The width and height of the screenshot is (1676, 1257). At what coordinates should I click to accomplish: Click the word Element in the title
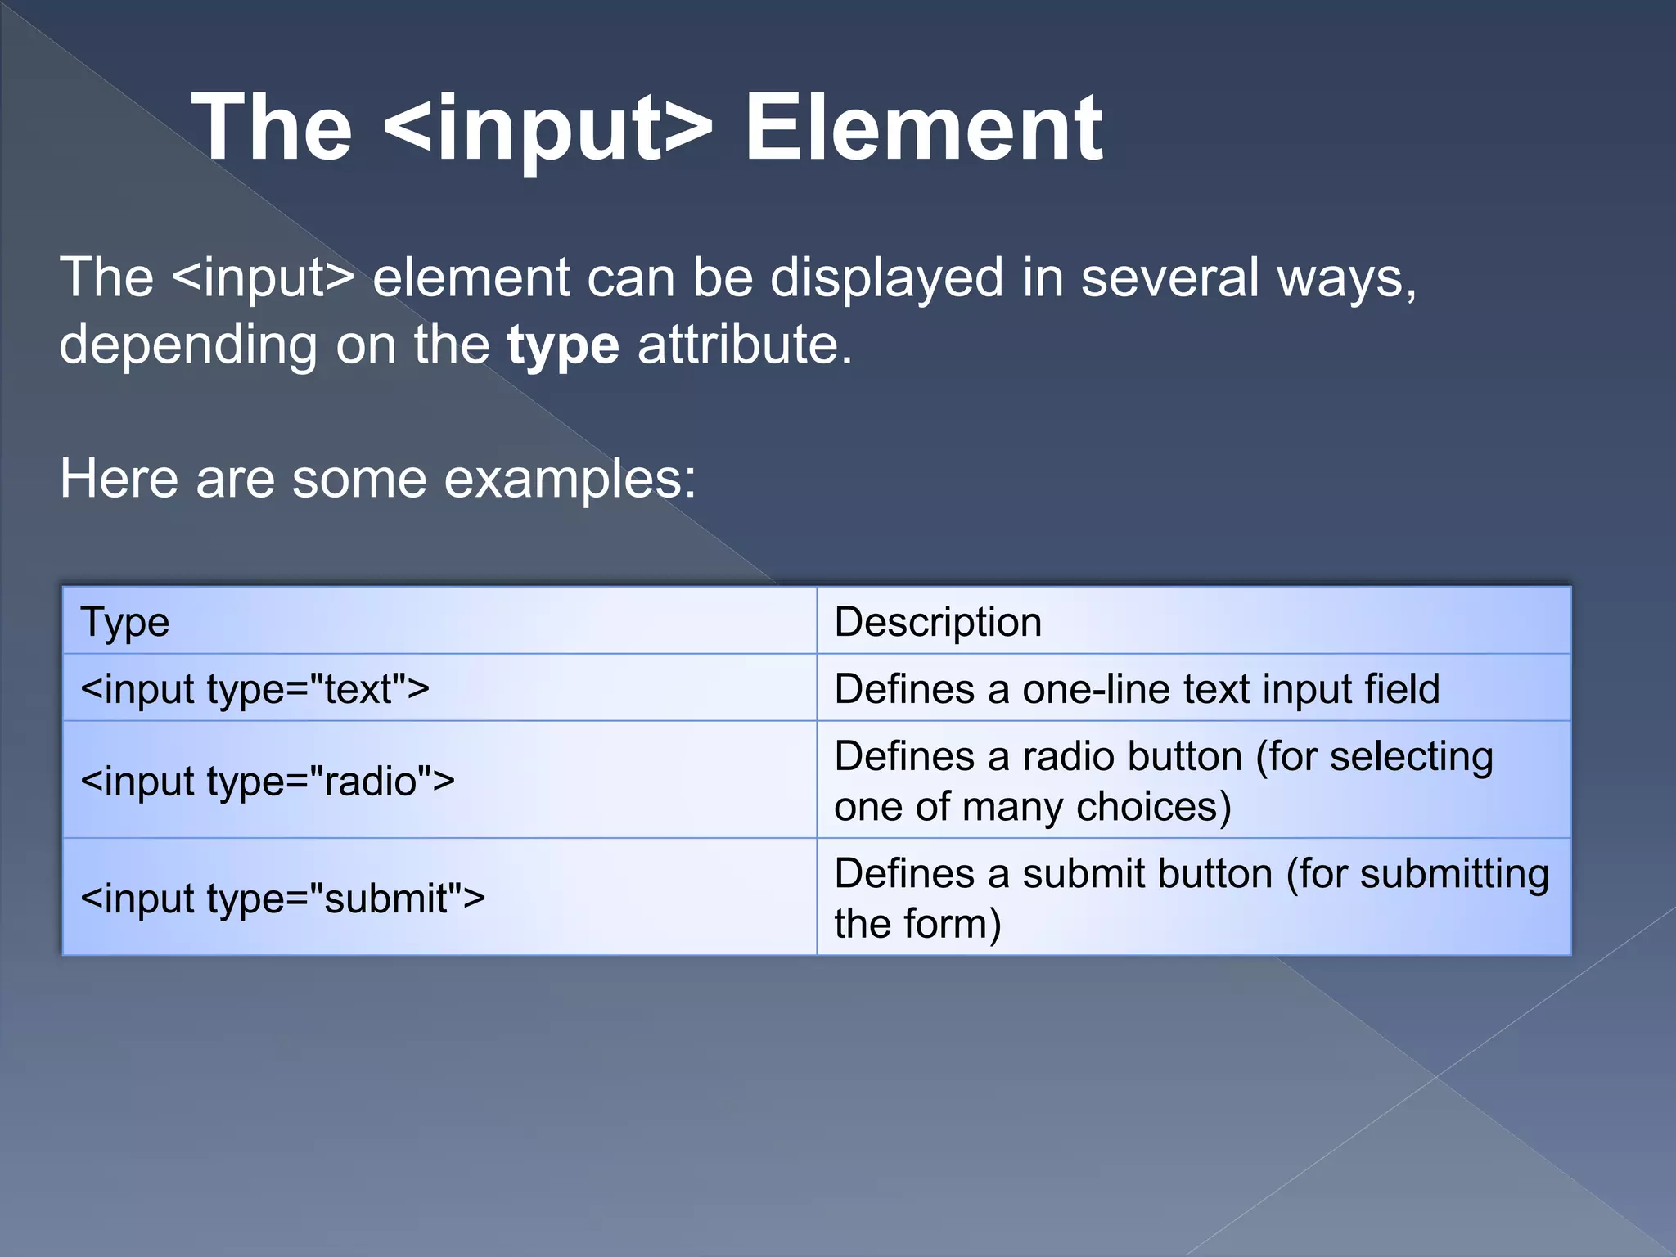[923, 128]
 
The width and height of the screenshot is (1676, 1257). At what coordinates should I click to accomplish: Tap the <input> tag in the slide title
[547, 128]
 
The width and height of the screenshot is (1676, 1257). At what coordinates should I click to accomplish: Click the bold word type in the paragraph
[563, 345]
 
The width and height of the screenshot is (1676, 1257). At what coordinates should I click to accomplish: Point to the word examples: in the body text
[570, 480]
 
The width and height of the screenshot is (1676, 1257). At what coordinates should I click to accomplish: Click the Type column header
[125, 622]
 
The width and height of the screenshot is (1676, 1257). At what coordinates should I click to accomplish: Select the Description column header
[938, 622]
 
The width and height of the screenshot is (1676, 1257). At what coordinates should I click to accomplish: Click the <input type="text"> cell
[255, 689]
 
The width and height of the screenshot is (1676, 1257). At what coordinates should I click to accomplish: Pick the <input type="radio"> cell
[268, 781]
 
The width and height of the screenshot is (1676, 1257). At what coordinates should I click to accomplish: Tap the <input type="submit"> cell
[283, 898]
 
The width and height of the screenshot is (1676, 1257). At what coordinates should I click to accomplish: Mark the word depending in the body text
[188, 345]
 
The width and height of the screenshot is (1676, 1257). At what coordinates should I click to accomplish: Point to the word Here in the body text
[119, 479]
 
